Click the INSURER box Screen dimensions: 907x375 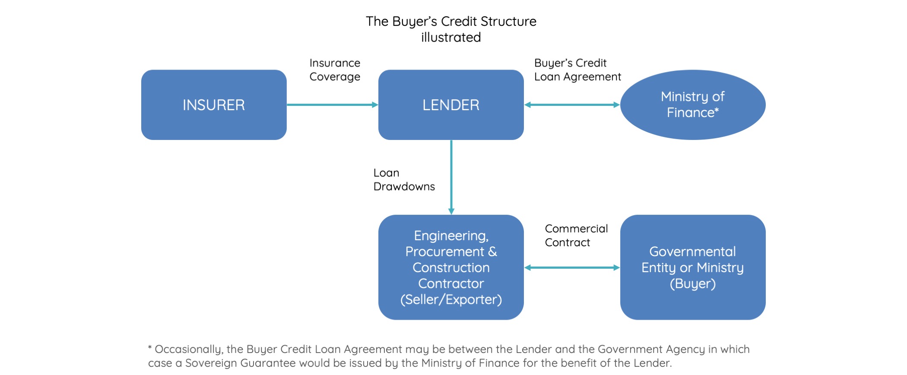click(214, 105)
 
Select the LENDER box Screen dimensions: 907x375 click(451, 105)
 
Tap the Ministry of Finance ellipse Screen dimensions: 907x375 click(693, 105)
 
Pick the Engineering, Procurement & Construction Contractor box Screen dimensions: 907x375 click(451, 267)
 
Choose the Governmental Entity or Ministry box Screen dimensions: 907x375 click(693, 267)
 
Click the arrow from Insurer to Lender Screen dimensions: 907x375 click(333, 105)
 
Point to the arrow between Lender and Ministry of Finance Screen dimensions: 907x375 click(572, 105)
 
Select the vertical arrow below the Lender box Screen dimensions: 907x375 click(451, 177)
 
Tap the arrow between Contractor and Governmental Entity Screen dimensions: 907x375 click(572, 267)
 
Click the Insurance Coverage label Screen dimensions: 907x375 click(335, 70)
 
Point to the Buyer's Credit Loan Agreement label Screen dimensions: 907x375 click(577, 70)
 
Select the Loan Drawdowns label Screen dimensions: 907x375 click(404, 179)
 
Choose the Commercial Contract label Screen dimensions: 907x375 click(576, 235)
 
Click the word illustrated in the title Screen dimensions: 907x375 click(451, 37)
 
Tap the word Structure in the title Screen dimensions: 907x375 click(508, 21)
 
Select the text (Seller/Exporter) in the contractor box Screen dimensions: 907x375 click(451, 299)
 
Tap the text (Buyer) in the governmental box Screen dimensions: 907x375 click(693, 283)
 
